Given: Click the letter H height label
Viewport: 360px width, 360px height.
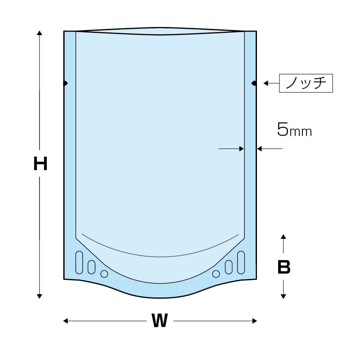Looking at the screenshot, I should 40,164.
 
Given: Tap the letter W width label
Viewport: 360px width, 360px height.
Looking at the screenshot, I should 159,321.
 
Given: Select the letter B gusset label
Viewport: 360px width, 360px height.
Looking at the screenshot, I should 283,267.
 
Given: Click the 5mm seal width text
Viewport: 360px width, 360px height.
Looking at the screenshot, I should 294,130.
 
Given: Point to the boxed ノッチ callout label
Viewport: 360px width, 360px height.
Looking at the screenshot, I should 306,83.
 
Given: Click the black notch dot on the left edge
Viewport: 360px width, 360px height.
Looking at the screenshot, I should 65,83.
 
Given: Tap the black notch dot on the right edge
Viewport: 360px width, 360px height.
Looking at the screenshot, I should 254,83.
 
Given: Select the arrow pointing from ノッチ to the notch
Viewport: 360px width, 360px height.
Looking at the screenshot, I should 270,83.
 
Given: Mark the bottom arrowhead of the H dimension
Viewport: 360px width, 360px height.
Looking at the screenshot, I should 40,296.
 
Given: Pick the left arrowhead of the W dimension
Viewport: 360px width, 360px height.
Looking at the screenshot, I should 66,321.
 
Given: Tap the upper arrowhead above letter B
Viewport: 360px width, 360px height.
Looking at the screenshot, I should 283,237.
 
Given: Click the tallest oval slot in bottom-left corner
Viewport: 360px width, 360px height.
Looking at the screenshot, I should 80,262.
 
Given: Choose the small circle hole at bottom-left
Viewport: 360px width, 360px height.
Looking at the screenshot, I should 104,274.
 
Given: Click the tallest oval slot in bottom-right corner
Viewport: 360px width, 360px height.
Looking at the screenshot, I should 240,262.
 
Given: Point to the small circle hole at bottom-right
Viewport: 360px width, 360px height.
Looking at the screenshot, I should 216,274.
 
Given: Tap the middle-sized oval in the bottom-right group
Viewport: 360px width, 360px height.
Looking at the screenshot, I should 229,267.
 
